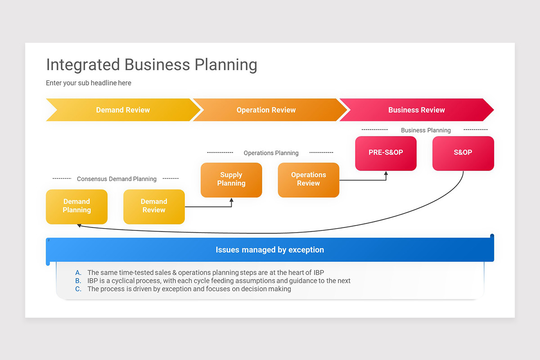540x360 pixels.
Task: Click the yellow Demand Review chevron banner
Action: (x=122, y=110)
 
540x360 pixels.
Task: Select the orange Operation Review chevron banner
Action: (x=266, y=110)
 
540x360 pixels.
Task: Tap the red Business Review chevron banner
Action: (x=416, y=110)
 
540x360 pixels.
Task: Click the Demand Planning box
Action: (x=76, y=206)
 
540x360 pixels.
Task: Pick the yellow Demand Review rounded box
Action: (x=154, y=206)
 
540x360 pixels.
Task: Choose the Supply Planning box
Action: (x=231, y=180)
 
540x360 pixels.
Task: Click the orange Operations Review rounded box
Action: (x=308, y=180)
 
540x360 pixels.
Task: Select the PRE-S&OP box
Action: (x=386, y=153)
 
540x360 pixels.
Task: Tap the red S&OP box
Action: (x=463, y=153)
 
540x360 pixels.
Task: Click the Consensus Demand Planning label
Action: (x=117, y=179)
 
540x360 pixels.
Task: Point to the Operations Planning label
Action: (x=271, y=153)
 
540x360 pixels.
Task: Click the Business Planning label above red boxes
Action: (x=426, y=130)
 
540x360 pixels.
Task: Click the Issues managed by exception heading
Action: (x=270, y=250)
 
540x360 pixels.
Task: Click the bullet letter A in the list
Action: (x=78, y=272)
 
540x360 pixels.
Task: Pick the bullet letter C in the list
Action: (x=78, y=289)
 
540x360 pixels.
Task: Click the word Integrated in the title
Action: (x=83, y=65)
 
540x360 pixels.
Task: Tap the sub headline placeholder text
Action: (x=89, y=83)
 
